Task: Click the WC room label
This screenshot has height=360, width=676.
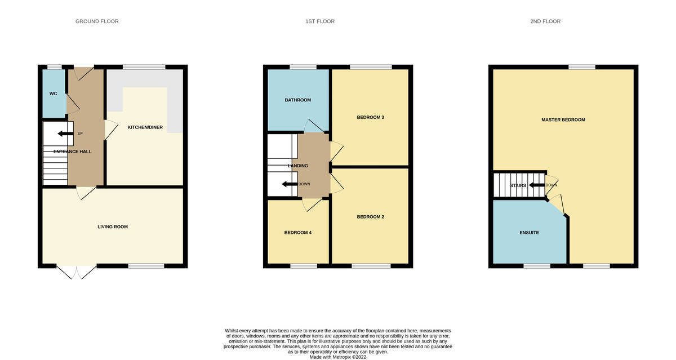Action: coord(54,94)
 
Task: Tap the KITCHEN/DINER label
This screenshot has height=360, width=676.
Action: coord(145,127)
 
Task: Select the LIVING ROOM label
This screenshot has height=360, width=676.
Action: coord(113,227)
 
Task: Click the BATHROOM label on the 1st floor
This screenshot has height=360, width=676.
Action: coord(297,100)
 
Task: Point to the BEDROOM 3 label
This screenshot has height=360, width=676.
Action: coord(370,118)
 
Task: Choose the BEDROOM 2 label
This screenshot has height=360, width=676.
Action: coord(370,217)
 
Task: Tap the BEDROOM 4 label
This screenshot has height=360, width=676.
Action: coord(297,233)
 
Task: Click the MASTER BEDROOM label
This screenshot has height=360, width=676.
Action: coord(563,120)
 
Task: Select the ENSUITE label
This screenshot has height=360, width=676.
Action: coord(529,233)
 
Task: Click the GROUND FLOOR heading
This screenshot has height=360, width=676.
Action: coord(97,21)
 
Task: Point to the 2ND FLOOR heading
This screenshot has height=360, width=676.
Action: coord(545,21)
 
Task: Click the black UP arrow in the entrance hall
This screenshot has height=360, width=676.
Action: coord(66,134)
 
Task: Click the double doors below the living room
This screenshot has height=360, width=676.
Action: coord(76,272)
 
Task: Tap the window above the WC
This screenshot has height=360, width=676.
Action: coord(55,67)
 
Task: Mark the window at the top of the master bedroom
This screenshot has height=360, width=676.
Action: coord(582,67)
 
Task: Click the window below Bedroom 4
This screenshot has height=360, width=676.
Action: coord(303,265)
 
